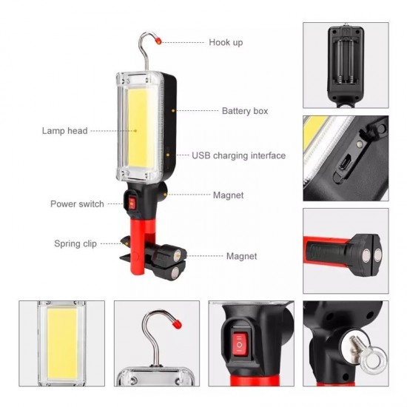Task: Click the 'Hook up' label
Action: pyautogui.click(x=226, y=42)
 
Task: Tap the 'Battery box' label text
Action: pyautogui.click(x=245, y=111)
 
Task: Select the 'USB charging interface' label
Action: pyautogui.click(x=238, y=155)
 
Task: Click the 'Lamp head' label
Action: pyautogui.click(x=64, y=130)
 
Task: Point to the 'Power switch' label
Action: pyautogui.click(x=77, y=203)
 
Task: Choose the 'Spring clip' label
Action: pyautogui.click(x=75, y=243)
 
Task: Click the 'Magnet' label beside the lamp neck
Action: pyautogui.click(x=228, y=195)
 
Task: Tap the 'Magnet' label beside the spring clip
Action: pyautogui.click(x=241, y=256)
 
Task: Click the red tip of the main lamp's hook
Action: pyautogui.click(x=158, y=41)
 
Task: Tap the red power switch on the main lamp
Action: pyautogui.click(x=132, y=203)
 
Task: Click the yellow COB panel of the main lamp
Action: pyautogui.click(x=138, y=128)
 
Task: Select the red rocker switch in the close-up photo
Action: pyautogui.click(x=240, y=344)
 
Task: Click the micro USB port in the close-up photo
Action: pyautogui.click(x=346, y=162)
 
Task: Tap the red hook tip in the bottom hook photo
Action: pyautogui.click(x=177, y=324)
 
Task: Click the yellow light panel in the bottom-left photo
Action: pyautogui.click(x=62, y=343)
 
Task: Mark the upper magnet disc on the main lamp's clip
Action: pyautogui.click(x=178, y=254)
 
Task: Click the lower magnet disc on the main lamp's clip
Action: pyautogui.click(x=175, y=273)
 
